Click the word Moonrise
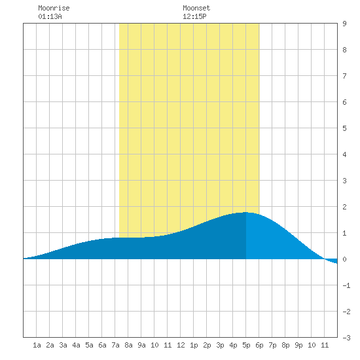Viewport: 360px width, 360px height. point(54,8)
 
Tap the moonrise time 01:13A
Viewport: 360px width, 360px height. point(50,16)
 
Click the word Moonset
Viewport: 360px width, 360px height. point(196,8)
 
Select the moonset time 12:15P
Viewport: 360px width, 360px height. point(194,16)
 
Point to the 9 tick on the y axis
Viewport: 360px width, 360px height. point(344,24)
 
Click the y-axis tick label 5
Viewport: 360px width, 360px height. point(344,128)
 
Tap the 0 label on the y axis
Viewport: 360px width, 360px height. point(344,259)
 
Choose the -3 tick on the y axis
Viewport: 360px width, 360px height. point(346,338)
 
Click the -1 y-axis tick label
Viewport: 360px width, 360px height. point(346,285)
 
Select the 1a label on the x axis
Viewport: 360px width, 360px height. point(37,345)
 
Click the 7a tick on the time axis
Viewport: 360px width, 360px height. point(115,345)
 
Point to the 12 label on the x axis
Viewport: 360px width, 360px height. point(181,345)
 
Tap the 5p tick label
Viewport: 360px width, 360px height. point(246,345)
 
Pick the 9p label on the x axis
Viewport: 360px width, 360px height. point(298,345)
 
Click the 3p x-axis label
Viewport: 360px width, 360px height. point(220,345)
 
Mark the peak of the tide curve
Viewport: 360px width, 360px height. point(245,212)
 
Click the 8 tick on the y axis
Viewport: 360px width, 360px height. point(344,50)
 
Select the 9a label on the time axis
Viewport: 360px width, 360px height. point(141,345)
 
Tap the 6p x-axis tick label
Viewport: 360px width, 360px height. point(259,345)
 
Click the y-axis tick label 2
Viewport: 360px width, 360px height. point(344,207)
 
